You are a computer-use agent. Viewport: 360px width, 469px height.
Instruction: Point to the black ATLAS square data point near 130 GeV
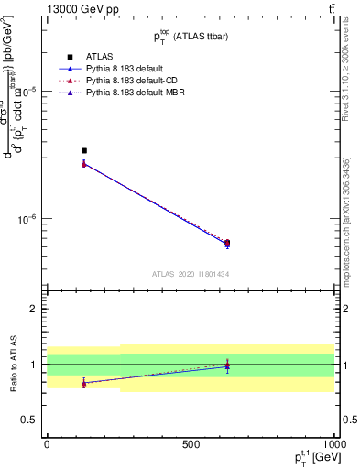84,150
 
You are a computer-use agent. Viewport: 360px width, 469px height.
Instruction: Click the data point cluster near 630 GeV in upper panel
227,244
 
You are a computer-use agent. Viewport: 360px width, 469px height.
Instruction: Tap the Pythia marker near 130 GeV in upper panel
84,164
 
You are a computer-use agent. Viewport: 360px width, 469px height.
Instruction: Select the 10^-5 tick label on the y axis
29,90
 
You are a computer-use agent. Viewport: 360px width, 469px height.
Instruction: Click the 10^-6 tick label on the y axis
29,219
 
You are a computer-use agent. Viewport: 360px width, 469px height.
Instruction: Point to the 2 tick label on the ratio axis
35,309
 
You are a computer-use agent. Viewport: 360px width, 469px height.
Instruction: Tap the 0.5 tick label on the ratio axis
30,420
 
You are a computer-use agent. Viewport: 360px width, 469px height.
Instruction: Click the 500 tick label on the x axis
190,443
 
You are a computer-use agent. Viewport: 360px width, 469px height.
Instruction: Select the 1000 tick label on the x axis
332,443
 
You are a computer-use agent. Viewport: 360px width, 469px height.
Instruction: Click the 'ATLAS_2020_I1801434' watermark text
190,275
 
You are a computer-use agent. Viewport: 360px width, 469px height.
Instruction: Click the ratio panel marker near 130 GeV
84,383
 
